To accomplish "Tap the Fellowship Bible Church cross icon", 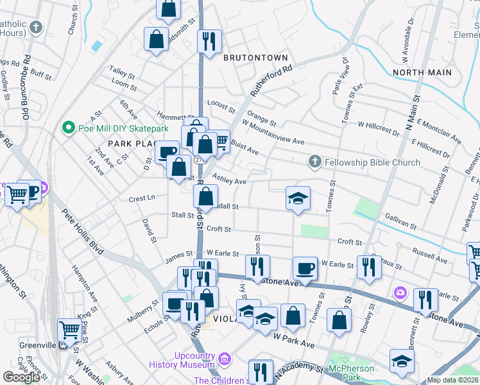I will pyautogui.click(x=314, y=162).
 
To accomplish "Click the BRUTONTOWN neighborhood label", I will pyautogui.click(x=255, y=58).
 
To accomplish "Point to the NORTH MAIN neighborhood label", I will pyautogui.click(x=422, y=73).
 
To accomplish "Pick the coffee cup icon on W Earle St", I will pyautogui.click(x=305, y=268).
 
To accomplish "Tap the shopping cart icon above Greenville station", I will pyautogui.click(x=69, y=331).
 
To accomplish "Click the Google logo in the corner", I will pyautogui.click(x=21, y=377).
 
